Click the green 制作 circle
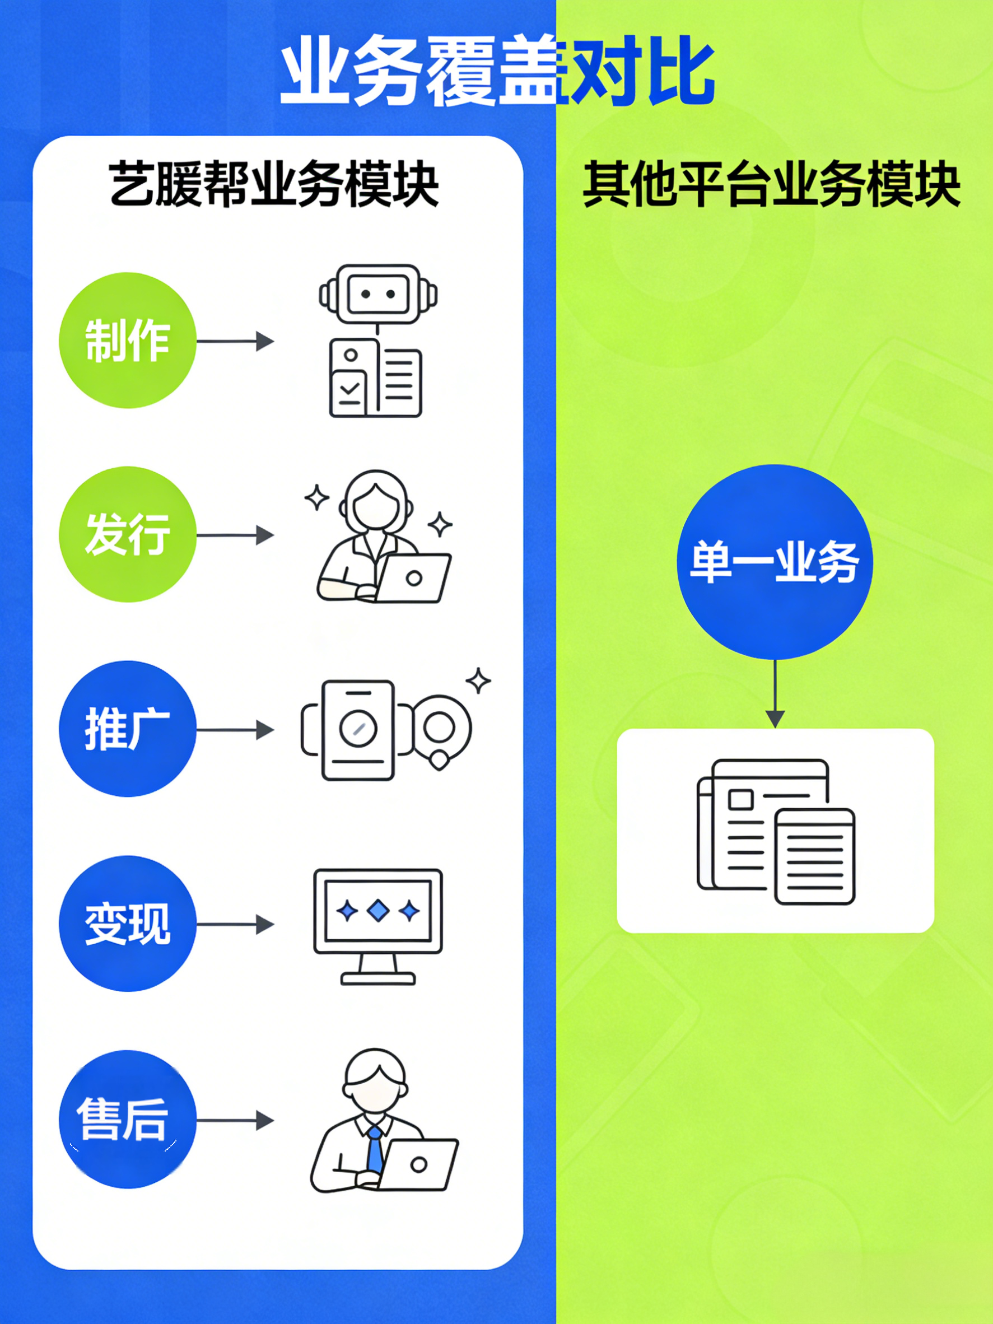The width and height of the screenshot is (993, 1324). pos(128,341)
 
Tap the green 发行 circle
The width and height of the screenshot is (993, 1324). pos(128,534)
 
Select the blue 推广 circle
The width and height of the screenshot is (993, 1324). pos(128,729)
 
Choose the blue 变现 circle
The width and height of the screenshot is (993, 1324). pos(128,924)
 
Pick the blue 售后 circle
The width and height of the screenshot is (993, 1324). pos(128,1119)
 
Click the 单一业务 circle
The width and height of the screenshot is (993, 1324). pos(775,562)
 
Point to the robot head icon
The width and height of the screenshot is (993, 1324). pos(377,295)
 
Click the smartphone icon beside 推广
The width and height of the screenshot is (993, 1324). pos(358,730)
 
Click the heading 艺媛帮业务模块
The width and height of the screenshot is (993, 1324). pos(274,184)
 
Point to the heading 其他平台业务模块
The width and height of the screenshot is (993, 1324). pos(772,184)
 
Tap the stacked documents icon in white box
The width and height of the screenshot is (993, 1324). pos(776,832)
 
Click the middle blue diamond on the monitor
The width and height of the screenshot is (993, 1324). pos(377,911)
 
